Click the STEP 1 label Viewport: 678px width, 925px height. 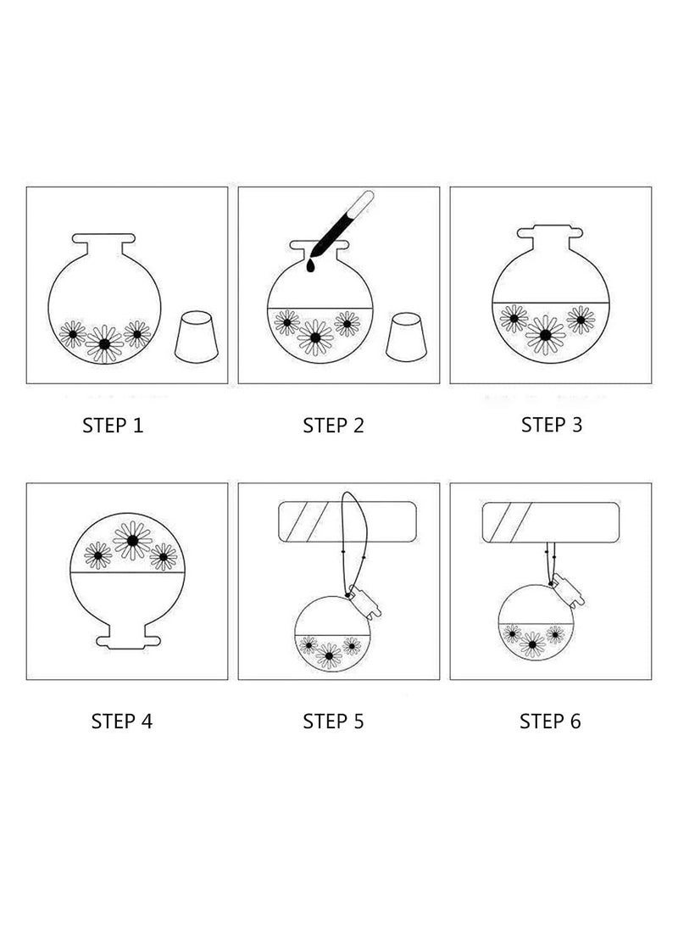[x=113, y=426]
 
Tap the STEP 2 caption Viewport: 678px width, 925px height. [x=333, y=426]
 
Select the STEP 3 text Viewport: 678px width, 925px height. [x=551, y=424]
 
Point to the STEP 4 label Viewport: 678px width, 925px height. [x=121, y=721]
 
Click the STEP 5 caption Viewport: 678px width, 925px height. [x=333, y=721]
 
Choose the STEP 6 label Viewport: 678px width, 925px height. [x=550, y=721]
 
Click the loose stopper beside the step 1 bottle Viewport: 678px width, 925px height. [x=197, y=337]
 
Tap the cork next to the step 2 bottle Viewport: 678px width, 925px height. [x=406, y=337]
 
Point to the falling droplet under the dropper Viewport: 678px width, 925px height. [x=310, y=267]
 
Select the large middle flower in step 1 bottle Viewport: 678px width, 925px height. [x=104, y=343]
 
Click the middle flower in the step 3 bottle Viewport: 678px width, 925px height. [x=545, y=335]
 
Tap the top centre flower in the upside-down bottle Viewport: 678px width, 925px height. [x=133, y=540]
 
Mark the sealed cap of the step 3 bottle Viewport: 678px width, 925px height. [x=549, y=231]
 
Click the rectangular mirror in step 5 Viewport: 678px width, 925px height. [x=347, y=522]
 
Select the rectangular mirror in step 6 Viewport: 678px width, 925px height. [x=551, y=522]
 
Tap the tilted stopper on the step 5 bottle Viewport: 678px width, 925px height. [x=365, y=601]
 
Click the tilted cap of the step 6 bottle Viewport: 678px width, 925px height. [x=568, y=589]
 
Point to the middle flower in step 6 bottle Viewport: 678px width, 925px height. [x=532, y=644]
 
